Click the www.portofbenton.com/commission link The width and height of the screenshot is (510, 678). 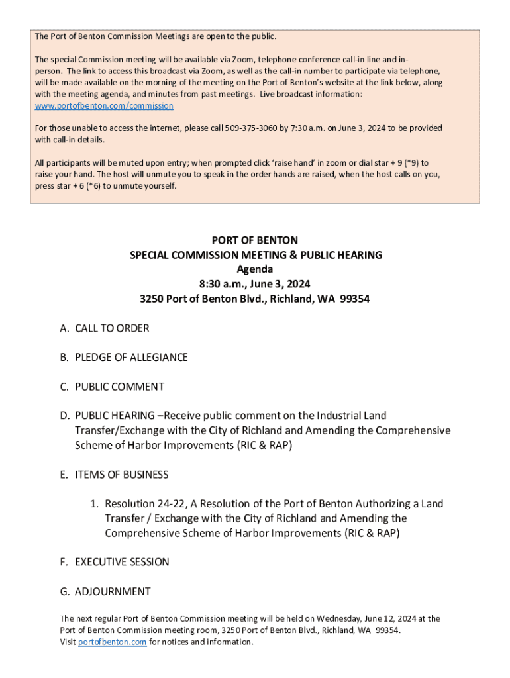(104, 106)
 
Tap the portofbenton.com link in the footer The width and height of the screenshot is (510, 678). (112, 642)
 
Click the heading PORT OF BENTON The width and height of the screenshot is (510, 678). (254, 240)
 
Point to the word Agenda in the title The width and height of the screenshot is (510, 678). (254, 269)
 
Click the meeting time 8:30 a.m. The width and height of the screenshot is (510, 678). (209, 284)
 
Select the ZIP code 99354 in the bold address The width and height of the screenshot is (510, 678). (354, 299)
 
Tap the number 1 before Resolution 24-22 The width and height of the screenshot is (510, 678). (94, 504)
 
